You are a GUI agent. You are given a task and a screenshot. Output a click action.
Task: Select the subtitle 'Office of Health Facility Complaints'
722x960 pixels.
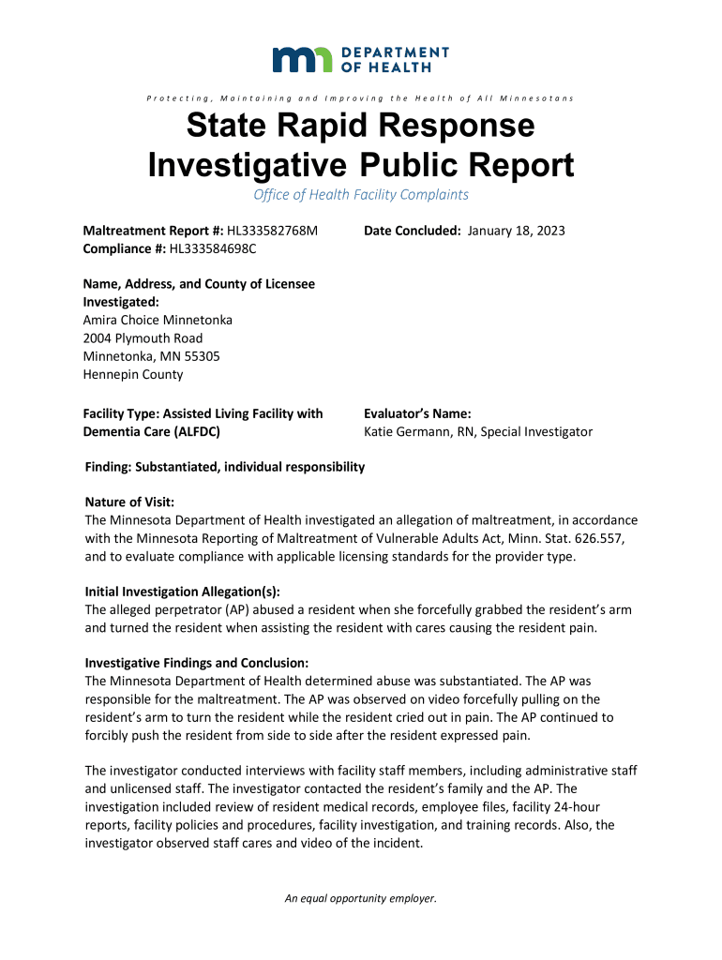(x=361, y=195)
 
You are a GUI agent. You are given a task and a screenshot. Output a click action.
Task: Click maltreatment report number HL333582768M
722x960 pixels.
(x=273, y=231)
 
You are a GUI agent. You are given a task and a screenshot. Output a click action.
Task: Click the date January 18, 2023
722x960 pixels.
(x=516, y=231)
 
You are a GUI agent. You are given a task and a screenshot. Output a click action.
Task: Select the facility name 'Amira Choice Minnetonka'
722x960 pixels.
(x=158, y=320)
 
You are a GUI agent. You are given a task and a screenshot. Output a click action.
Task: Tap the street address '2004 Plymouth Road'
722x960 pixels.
(x=143, y=337)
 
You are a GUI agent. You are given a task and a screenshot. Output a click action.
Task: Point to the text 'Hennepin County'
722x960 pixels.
(x=133, y=374)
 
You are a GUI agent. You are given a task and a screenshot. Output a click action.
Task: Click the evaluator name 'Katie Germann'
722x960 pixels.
(x=409, y=432)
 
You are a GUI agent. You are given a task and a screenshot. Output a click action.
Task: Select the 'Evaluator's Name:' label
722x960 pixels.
(x=417, y=413)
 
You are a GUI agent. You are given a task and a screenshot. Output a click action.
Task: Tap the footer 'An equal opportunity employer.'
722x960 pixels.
(x=361, y=898)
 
